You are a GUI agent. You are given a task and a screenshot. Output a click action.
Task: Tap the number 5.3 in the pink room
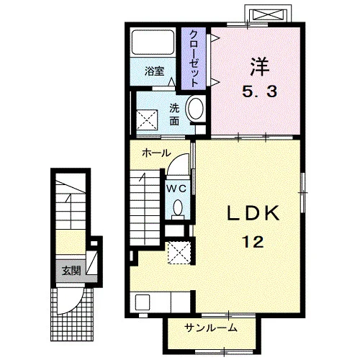(x=259, y=91)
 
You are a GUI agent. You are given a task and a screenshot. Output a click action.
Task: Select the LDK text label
(x=253, y=213)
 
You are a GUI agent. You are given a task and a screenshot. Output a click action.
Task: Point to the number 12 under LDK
(x=253, y=242)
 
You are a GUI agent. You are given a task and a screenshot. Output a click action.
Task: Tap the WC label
(x=176, y=189)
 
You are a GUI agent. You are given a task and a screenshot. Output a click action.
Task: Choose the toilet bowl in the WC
(x=178, y=209)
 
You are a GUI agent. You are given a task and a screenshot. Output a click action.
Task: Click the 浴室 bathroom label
(x=155, y=71)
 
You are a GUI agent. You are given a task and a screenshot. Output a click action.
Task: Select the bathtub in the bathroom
(x=153, y=42)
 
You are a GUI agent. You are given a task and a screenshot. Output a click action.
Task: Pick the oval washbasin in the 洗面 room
(x=197, y=109)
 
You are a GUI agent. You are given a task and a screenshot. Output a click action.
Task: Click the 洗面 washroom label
(x=174, y=114)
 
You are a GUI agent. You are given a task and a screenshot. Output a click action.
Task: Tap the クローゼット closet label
(x=194, y=59)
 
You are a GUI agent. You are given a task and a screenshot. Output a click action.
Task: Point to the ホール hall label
(x=156, y=153)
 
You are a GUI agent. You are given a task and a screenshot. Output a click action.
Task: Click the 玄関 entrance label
(x=71, y=271)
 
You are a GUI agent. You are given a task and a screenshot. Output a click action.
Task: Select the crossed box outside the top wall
(x=267, y=15)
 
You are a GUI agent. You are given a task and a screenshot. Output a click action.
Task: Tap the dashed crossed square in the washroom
(x=147, y=120)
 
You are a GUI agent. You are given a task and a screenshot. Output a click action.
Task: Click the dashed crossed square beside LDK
(x=179, y=253)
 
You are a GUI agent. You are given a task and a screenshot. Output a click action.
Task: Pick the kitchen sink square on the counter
(x=143, y=302)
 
